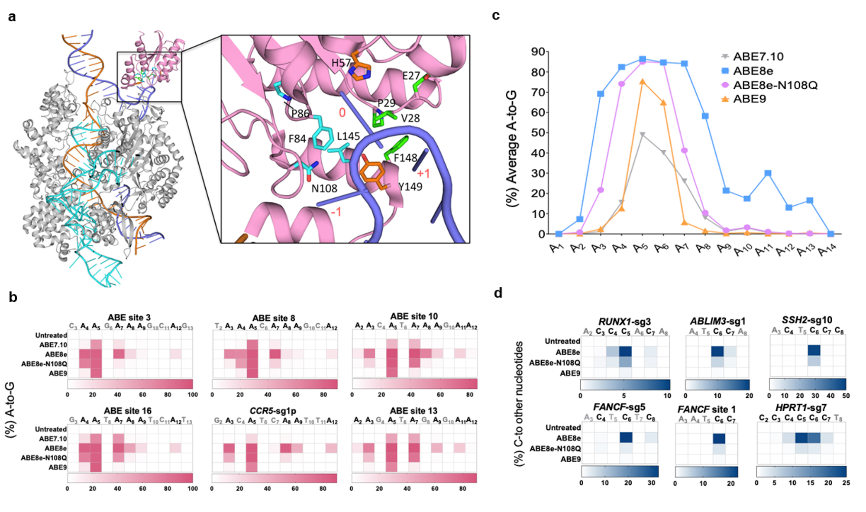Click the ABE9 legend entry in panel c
pos(749,99)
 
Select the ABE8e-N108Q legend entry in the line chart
pos(775,85)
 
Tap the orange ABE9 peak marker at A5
pos(643,82)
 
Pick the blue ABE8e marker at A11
pos(768,173)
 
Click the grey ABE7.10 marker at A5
pos(643,135)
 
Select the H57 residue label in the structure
pos(341,63)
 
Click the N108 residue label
pos(324,188)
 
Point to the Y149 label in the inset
pos(410,187)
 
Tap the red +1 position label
pos(423,174)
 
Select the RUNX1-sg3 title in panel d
pos(624,322)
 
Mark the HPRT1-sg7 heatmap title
pos(801,408)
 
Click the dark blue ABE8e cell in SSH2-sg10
pos(814,351)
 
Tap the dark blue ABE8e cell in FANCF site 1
pos(719,438)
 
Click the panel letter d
pos(498,293)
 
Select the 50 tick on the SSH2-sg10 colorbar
pos(846,396)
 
